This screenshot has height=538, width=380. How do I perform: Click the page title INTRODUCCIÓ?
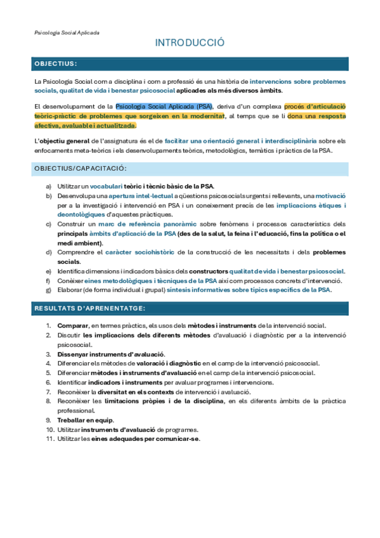190,43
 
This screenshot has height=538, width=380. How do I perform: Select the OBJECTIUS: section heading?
56,64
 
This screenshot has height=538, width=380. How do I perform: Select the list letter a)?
49,187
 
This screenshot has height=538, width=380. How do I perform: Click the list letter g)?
49,289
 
